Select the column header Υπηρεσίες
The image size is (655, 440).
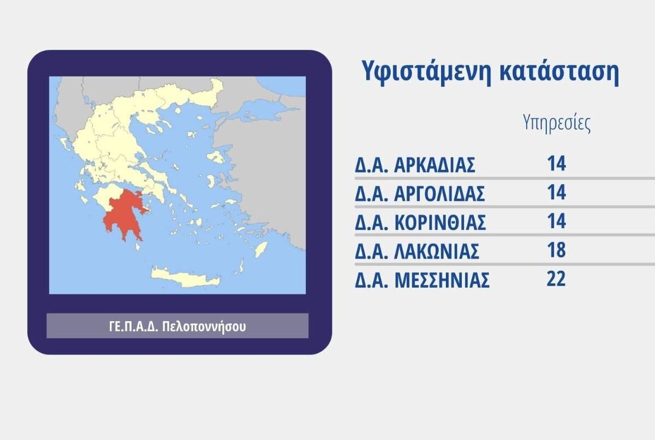[556, 124]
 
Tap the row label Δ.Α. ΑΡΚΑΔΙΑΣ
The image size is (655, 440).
[415, 165]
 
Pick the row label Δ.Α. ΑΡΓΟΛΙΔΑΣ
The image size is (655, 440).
[420, 194]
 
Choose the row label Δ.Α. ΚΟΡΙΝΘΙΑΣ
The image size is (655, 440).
[420, 223]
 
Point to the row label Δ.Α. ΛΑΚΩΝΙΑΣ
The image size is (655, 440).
[417, 251]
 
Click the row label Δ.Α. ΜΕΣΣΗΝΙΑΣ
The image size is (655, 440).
[422, 280]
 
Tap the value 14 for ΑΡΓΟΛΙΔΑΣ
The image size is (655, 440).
[556, 192]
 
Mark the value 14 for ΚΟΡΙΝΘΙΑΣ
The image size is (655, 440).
[556, 221]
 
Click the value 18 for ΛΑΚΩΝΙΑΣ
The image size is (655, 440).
[556, 249]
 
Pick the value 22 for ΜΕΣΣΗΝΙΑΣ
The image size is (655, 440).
[556, 278]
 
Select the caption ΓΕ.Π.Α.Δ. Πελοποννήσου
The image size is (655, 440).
[177, 326]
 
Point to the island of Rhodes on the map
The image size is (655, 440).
[261, 249]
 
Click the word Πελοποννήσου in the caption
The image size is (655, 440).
[204, 326]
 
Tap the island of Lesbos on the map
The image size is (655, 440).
[216, 156]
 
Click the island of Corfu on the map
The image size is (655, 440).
[64, 144]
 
